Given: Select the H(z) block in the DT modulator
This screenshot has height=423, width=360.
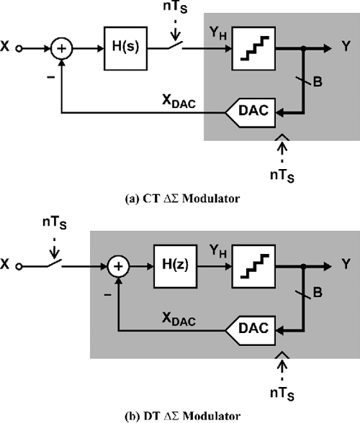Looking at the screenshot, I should pos(171,264).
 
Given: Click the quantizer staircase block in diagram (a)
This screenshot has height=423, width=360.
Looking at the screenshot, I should pos(253,49).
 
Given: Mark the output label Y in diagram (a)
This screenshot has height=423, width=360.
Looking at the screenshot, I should pos(348,49).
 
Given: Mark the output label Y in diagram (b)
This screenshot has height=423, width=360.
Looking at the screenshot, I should pos(348,264).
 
